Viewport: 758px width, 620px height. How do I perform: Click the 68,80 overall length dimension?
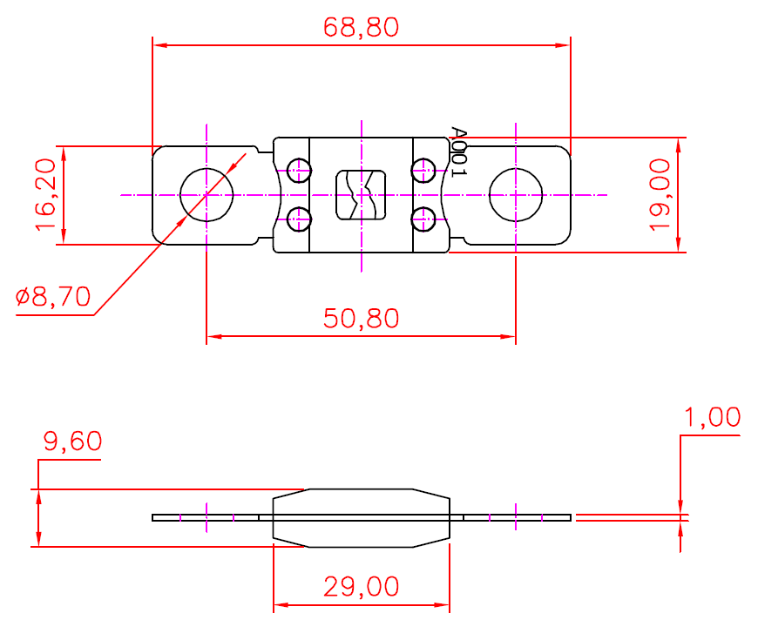(x=361, y=28)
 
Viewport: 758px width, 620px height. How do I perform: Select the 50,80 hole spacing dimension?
(x=361, y=318)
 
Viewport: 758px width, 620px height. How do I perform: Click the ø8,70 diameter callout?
(x=53, y=298)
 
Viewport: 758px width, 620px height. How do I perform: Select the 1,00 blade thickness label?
(x=712, y=418)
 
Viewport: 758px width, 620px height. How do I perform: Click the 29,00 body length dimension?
(x=361, y=587)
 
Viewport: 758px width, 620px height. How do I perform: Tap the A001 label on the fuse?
(x=458, y=152)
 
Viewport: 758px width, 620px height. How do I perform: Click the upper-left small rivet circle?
(x=299, y=170)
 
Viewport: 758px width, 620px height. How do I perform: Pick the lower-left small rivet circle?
(x=299, y=219)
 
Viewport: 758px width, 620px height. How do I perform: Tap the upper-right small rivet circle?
(x=424, y=170)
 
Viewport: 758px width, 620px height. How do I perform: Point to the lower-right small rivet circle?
(x=424, y=219)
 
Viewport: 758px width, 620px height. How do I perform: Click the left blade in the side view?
(x=206, y=517)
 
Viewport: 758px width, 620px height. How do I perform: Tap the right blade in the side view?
(x=518, y=517)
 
